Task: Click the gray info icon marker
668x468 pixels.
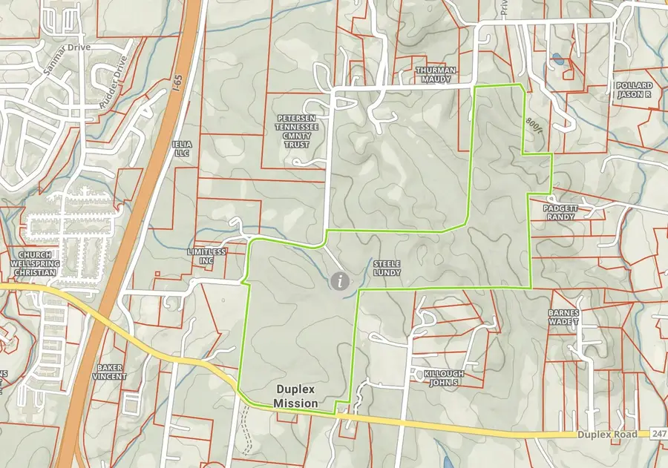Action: [x=341, y=280]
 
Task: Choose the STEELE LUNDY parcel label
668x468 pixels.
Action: [x=387, y=268]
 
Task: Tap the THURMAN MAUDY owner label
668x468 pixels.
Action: [x=436, y=75]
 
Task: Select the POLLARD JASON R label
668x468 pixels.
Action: [x=633, y=90]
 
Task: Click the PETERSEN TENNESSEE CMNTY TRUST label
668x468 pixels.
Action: [x=298, y=131]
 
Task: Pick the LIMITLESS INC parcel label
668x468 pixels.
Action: [x=206, y=257]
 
